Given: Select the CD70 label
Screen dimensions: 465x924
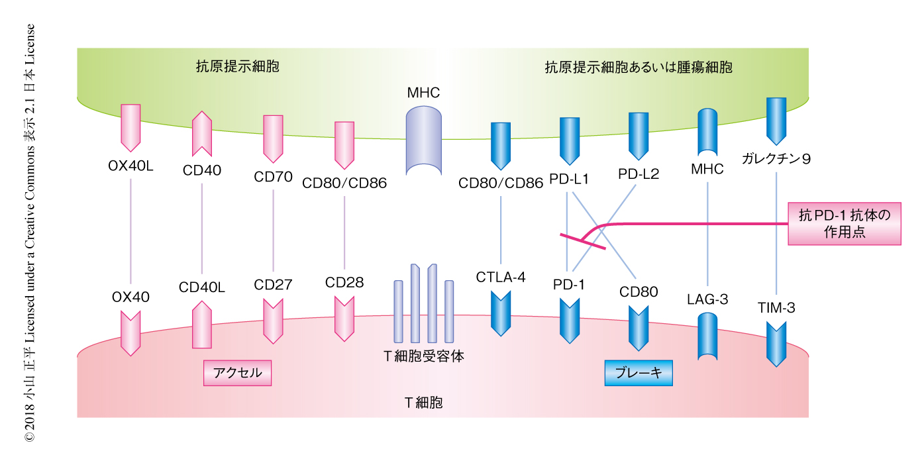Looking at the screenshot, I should (x=273, y=177).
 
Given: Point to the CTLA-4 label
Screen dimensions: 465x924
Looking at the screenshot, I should (x=501, y=277).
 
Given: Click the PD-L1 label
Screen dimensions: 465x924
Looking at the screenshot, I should (x=570, y=180).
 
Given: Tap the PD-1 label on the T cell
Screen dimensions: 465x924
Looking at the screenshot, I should (x=569, y=285).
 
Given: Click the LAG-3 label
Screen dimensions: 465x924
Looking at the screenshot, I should (x=708, y=299).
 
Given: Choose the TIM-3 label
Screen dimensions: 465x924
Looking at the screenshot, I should (x=776, y=307).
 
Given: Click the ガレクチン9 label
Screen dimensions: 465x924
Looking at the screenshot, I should (x=776, y=159).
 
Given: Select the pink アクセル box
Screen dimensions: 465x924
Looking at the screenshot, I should (x=238, y=373).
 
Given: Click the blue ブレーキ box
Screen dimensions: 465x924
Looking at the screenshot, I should (x=639, y=372).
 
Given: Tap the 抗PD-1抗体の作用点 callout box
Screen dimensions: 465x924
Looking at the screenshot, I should (x=845, y=224).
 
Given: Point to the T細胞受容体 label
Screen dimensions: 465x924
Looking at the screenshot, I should (x=424, y=356).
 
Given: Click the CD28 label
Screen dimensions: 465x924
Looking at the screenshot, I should (x=344, y=283).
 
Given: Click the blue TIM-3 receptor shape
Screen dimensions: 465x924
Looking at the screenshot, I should (x=776, y=343).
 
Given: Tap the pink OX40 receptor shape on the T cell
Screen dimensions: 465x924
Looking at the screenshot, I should (x=130, y=334).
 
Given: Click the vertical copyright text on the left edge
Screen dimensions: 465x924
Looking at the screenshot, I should (x=30, y=232).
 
